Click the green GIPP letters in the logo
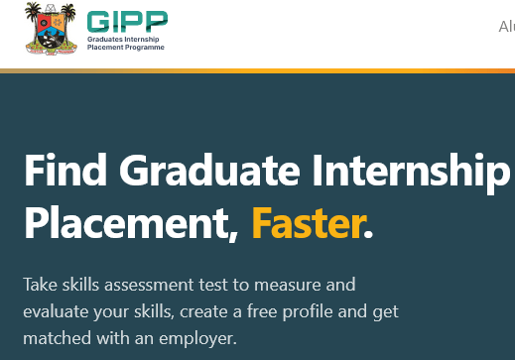click(128, 22)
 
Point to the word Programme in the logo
click(145, 47)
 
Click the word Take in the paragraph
click(40, 285)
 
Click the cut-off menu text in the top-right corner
click(506, 27)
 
